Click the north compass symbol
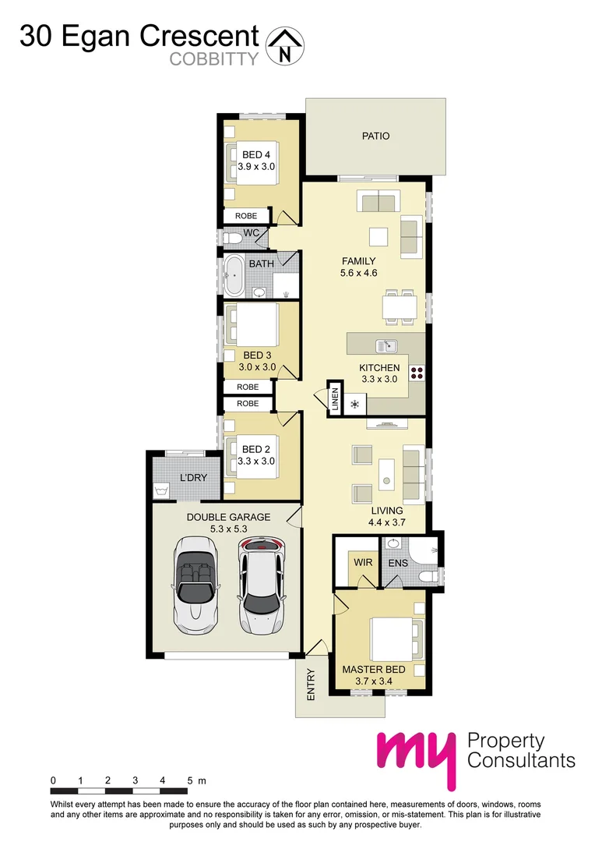[x=285, y=45]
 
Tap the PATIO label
[x=375, y=136]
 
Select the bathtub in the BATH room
[x=233, y=276]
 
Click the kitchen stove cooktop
[x=417, y=372]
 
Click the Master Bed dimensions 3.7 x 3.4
[x=375, y=681]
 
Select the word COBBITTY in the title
[x=213, y=59]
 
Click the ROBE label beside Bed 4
[x=247, y=216]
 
